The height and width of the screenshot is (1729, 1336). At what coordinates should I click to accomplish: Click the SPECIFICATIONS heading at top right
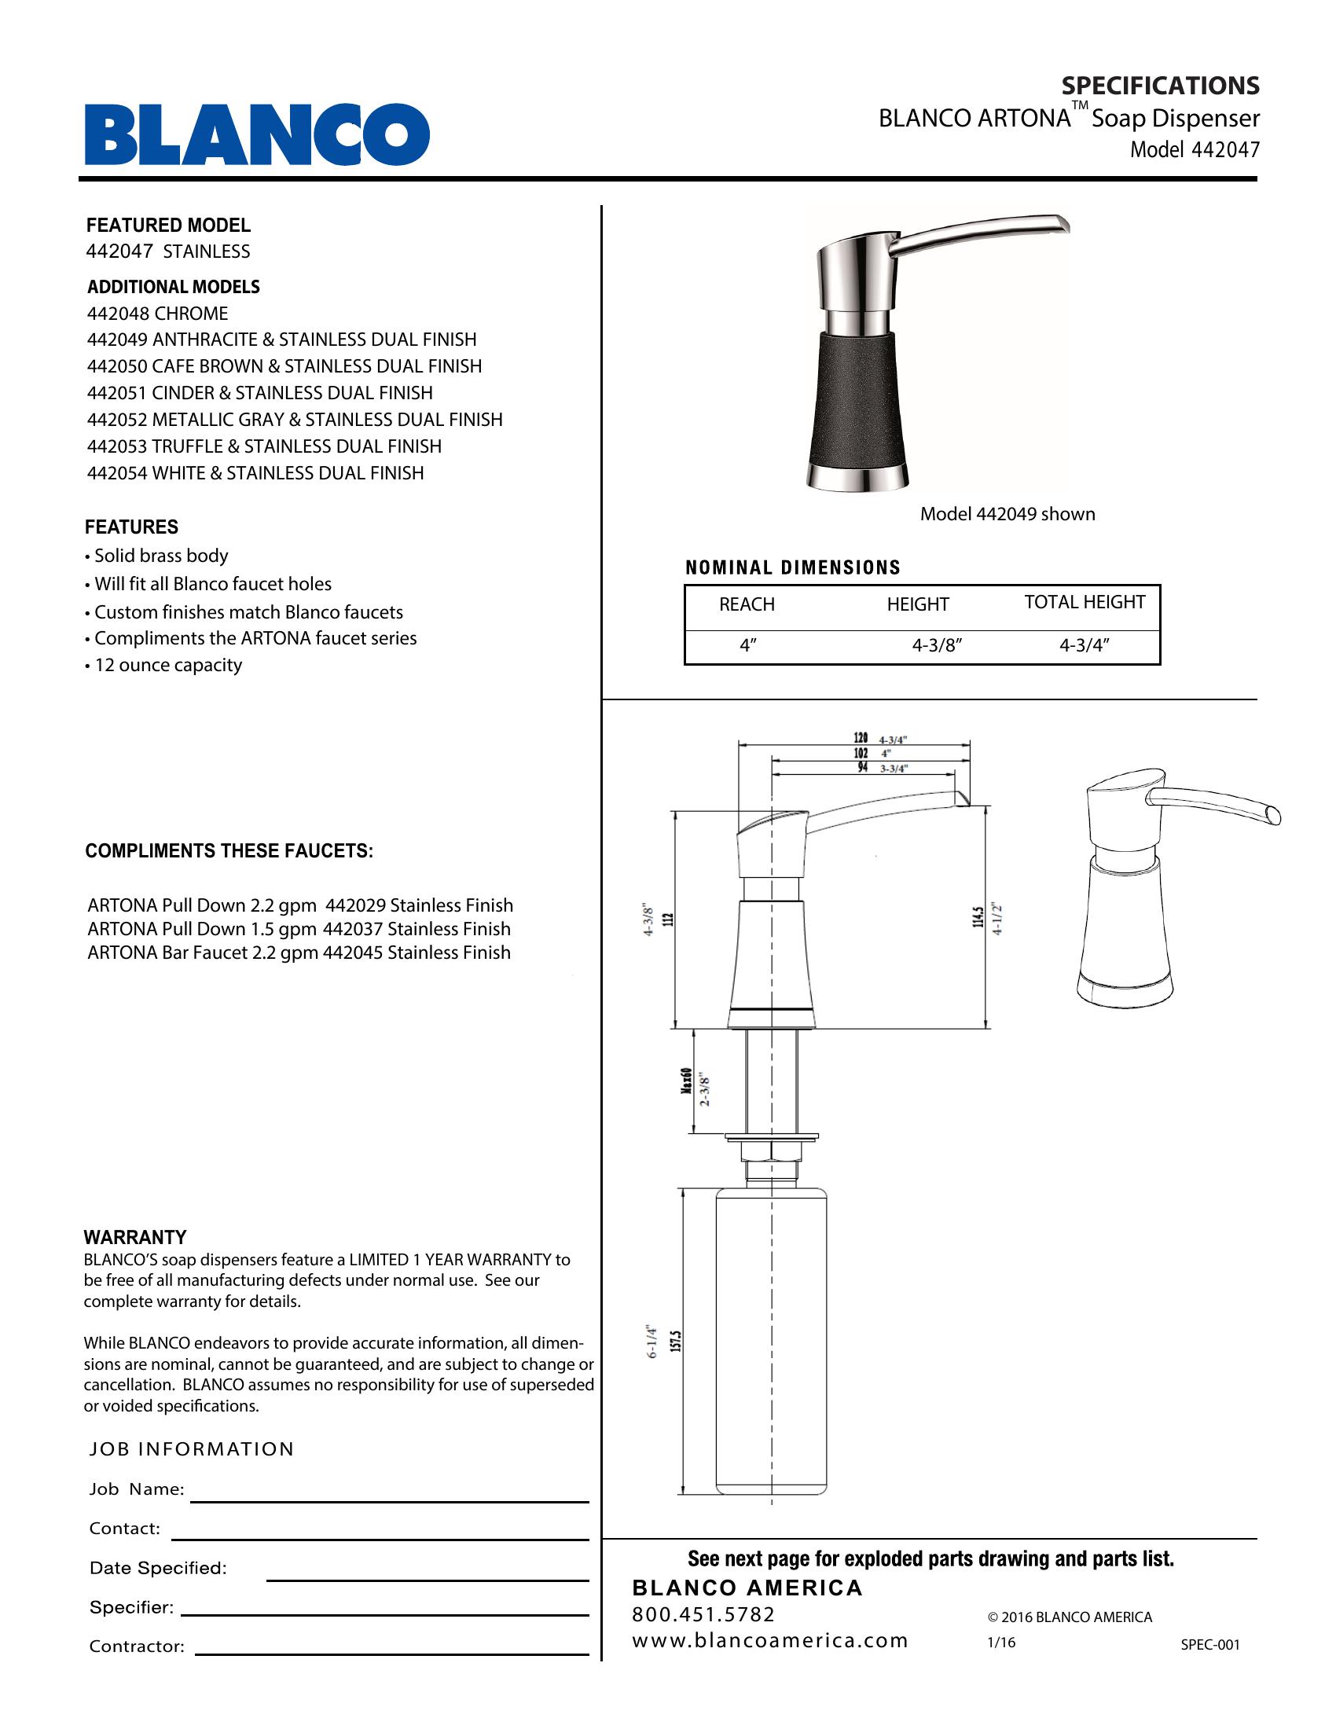click(1159, 86)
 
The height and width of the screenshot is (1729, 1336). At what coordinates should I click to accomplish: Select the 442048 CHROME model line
click(157, 314)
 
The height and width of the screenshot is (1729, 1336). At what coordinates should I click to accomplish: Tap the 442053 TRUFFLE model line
click(264, 446)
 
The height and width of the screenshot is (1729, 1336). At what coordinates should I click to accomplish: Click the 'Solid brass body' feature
click(160, 556)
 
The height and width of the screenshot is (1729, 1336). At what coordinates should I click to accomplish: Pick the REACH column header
click(747, 605)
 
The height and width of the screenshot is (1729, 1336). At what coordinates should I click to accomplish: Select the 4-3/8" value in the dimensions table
click(936, 646)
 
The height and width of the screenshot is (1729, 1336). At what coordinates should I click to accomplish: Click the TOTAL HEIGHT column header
click(1085, 603)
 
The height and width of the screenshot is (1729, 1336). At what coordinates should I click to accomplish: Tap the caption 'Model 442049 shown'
click(1007, 515)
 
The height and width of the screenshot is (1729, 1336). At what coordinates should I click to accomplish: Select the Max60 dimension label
click(687, 1080)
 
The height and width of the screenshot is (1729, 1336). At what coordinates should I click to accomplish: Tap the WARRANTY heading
click(135, 1237)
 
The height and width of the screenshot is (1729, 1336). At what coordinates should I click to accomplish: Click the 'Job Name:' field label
click(136, 1490)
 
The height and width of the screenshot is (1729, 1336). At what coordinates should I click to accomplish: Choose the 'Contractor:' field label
click(136, 1646)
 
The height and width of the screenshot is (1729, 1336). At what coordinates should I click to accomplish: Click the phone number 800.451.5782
click(703, 1614)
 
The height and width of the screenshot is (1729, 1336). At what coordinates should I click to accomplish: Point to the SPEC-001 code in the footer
click(1209, 1644)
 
